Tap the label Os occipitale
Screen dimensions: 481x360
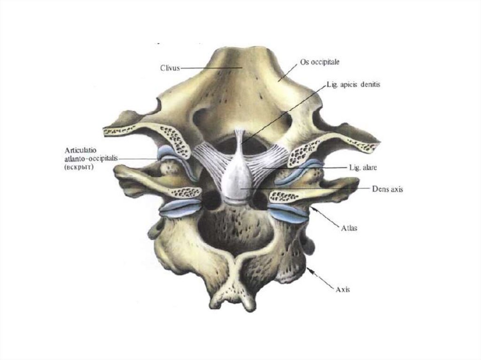click(320, 62)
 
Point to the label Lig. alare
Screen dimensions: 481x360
click(360, 167)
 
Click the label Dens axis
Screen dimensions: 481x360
click(387, 189)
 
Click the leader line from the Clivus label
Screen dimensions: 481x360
click(207, 68)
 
